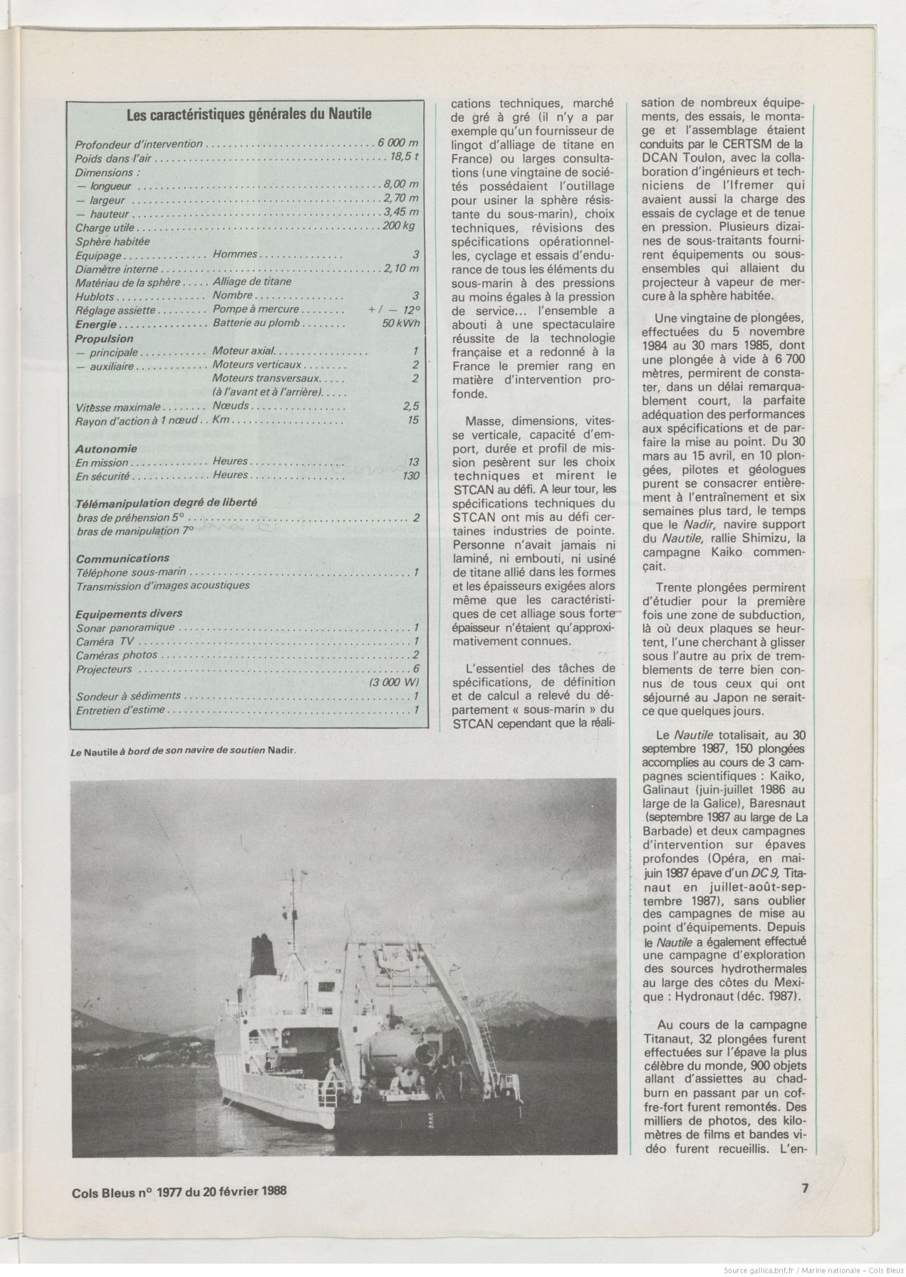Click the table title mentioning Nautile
tap(249, 113)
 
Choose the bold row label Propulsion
tap(104, 338)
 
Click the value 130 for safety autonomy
tap(410, 475)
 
